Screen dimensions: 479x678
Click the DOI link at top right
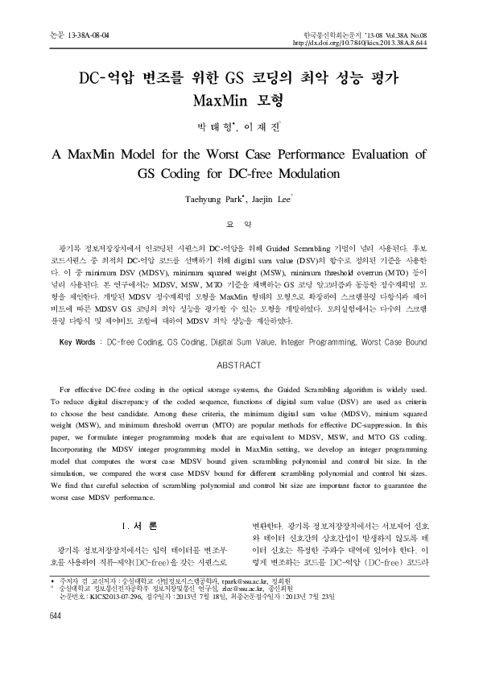(x=371, y=43)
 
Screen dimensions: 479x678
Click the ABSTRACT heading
(x=239, y=365)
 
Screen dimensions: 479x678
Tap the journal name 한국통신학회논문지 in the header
(x=332, y=36)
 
